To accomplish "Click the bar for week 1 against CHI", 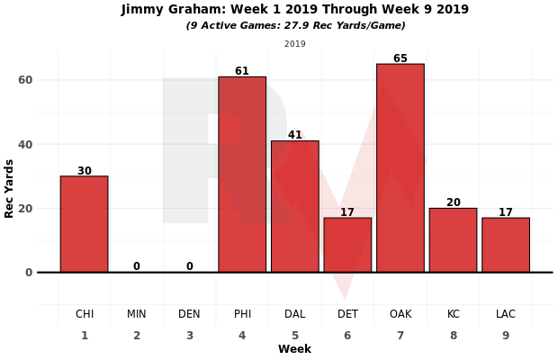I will [84, 224].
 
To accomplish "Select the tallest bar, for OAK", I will [400, 168].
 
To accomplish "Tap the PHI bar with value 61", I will [242, 175].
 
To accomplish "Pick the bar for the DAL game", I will [295, 206].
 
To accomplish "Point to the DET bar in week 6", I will [347, 245].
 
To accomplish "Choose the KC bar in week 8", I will [453, 240].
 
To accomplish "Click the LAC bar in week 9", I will [506, 245].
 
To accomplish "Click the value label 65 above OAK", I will [400, 58].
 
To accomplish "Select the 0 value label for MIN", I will [137, 266].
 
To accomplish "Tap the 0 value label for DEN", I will [189, 266].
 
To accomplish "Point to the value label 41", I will [295, 135].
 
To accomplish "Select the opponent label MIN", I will [137, 314].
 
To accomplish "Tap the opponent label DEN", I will [189, 314].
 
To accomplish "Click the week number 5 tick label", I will [295, 335].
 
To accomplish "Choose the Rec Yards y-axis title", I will [10, 188].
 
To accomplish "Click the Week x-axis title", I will [294, 349].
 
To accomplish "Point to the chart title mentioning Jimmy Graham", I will [295, 10].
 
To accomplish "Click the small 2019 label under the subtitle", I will [295, 43].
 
